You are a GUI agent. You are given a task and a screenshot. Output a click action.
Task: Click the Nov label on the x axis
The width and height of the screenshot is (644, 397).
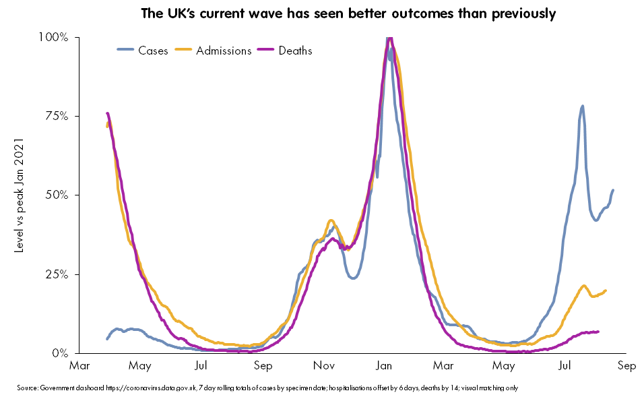click(324, 366)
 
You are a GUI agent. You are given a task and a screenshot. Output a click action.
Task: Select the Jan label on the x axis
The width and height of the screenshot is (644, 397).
click(385, 366)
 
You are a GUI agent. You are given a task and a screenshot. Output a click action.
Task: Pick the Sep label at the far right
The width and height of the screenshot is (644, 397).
click(626, 366)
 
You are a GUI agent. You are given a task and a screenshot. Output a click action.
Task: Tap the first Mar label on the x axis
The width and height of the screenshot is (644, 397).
click(79, 366)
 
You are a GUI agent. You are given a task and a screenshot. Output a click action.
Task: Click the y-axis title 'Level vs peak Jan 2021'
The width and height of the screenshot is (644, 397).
click(20, 195)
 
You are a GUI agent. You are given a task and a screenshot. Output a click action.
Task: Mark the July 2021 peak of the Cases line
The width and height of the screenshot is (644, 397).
click(582, 106)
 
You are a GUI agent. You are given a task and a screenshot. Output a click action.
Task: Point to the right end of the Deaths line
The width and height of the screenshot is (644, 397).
click(598, 332)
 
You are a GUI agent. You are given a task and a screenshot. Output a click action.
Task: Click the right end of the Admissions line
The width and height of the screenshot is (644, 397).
click(606, 291)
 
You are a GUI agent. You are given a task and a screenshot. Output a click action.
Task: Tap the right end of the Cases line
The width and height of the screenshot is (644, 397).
click(613, 190)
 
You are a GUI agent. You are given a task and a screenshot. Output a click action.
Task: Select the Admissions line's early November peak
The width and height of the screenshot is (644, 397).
click(331, 220)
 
